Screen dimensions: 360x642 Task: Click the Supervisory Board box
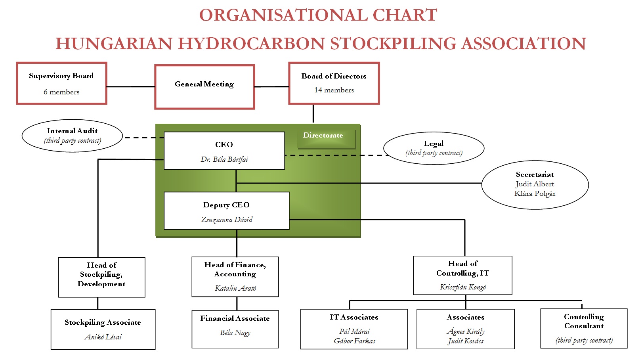[61, 83]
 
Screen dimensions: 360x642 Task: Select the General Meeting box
[204, 86]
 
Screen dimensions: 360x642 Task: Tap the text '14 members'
[334, 90]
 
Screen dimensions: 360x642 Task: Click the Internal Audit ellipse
[72, 136]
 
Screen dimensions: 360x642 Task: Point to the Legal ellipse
[434, 148]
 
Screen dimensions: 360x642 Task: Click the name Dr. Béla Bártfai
[224, 159]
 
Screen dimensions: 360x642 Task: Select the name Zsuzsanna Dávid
[227, 220]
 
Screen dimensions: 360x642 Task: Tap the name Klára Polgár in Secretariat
[535, 193]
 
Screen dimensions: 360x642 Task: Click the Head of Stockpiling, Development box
[101, 277]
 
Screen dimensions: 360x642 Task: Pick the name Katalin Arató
[235, 288]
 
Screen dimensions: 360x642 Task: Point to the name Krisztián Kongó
[462, 287]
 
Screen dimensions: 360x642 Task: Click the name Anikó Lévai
[103, 337]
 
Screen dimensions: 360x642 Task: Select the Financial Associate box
[235, 329]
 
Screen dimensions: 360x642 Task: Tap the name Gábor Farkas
[354, 341]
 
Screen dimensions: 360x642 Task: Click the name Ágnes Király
[466, 331]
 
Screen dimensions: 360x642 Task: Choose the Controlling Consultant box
[584, 328]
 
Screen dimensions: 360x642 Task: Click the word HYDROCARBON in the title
[254, 44]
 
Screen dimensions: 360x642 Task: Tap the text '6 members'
[61, 92]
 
